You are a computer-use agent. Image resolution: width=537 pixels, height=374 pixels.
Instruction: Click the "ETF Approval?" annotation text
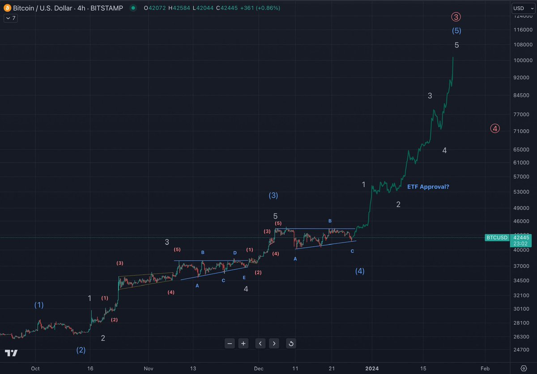pos(428,187)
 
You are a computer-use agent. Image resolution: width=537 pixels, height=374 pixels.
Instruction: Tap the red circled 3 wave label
pos(456,17)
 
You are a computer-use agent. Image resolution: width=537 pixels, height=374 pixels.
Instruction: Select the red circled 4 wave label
pos(494,128)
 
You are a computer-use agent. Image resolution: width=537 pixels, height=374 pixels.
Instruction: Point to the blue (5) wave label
pos(456,31)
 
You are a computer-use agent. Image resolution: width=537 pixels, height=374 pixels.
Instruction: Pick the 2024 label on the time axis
pos(372,369)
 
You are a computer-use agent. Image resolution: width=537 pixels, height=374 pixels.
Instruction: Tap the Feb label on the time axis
pos(485,369)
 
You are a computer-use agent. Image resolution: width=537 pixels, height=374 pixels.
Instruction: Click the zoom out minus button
pos(230,343)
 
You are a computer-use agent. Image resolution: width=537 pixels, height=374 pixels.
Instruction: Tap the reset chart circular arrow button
pos(291,343)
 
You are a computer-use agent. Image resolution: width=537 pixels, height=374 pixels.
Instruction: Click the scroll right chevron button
pos(274,343)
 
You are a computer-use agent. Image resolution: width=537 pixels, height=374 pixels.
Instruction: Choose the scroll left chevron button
pos(260,343)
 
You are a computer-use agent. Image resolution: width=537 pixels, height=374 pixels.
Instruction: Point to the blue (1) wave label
pos(39,305)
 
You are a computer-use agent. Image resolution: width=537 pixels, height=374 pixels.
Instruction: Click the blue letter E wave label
pos(244,278)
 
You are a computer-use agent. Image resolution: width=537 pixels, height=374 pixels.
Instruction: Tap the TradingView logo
pos(11,353)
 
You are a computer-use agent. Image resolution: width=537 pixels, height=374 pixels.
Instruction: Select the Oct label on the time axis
pos(35,369)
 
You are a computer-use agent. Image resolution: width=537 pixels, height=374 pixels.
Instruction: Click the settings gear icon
pos(524,368)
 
